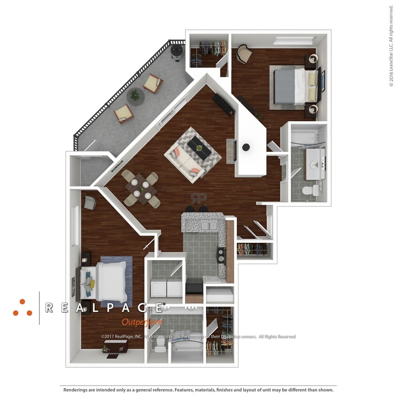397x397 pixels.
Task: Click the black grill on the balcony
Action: click(x=177, y=51)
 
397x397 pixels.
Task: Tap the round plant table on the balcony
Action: click(x=135, y=95)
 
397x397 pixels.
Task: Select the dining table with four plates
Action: click(x=141, y=188)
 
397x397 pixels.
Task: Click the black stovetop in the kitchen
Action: click(x=221, y=256)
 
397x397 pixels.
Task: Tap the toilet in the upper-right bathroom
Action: click(x=310, y=190)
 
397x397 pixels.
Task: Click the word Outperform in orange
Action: click(x=142, y=322)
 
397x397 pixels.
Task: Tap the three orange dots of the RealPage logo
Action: click(x=22, y=308)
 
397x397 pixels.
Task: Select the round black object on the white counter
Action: click(x=246, y=147)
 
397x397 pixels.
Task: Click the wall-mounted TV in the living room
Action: click(x=234, y=151)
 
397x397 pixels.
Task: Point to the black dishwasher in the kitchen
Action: click(x=194, y=285)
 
